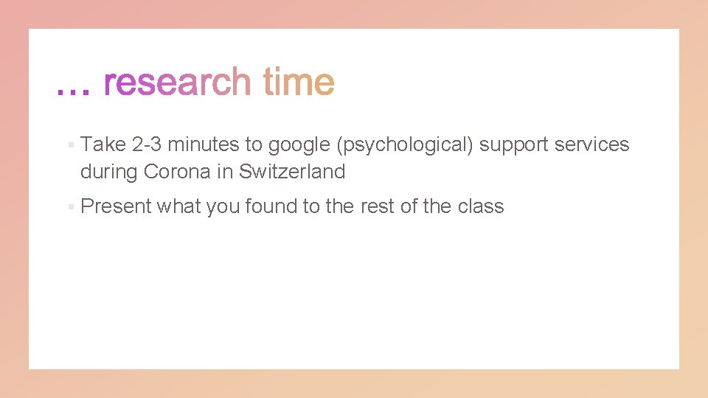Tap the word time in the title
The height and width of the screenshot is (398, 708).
click(298, 83)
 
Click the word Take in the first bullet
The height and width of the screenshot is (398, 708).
click(103, 144)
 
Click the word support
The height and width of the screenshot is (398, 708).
click(513, 145)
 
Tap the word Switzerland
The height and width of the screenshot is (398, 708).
click(292, 172)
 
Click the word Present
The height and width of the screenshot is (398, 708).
click(116, 206)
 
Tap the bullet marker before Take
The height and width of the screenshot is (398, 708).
click(69, 145)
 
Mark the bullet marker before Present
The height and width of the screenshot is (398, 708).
click(69, 207)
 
